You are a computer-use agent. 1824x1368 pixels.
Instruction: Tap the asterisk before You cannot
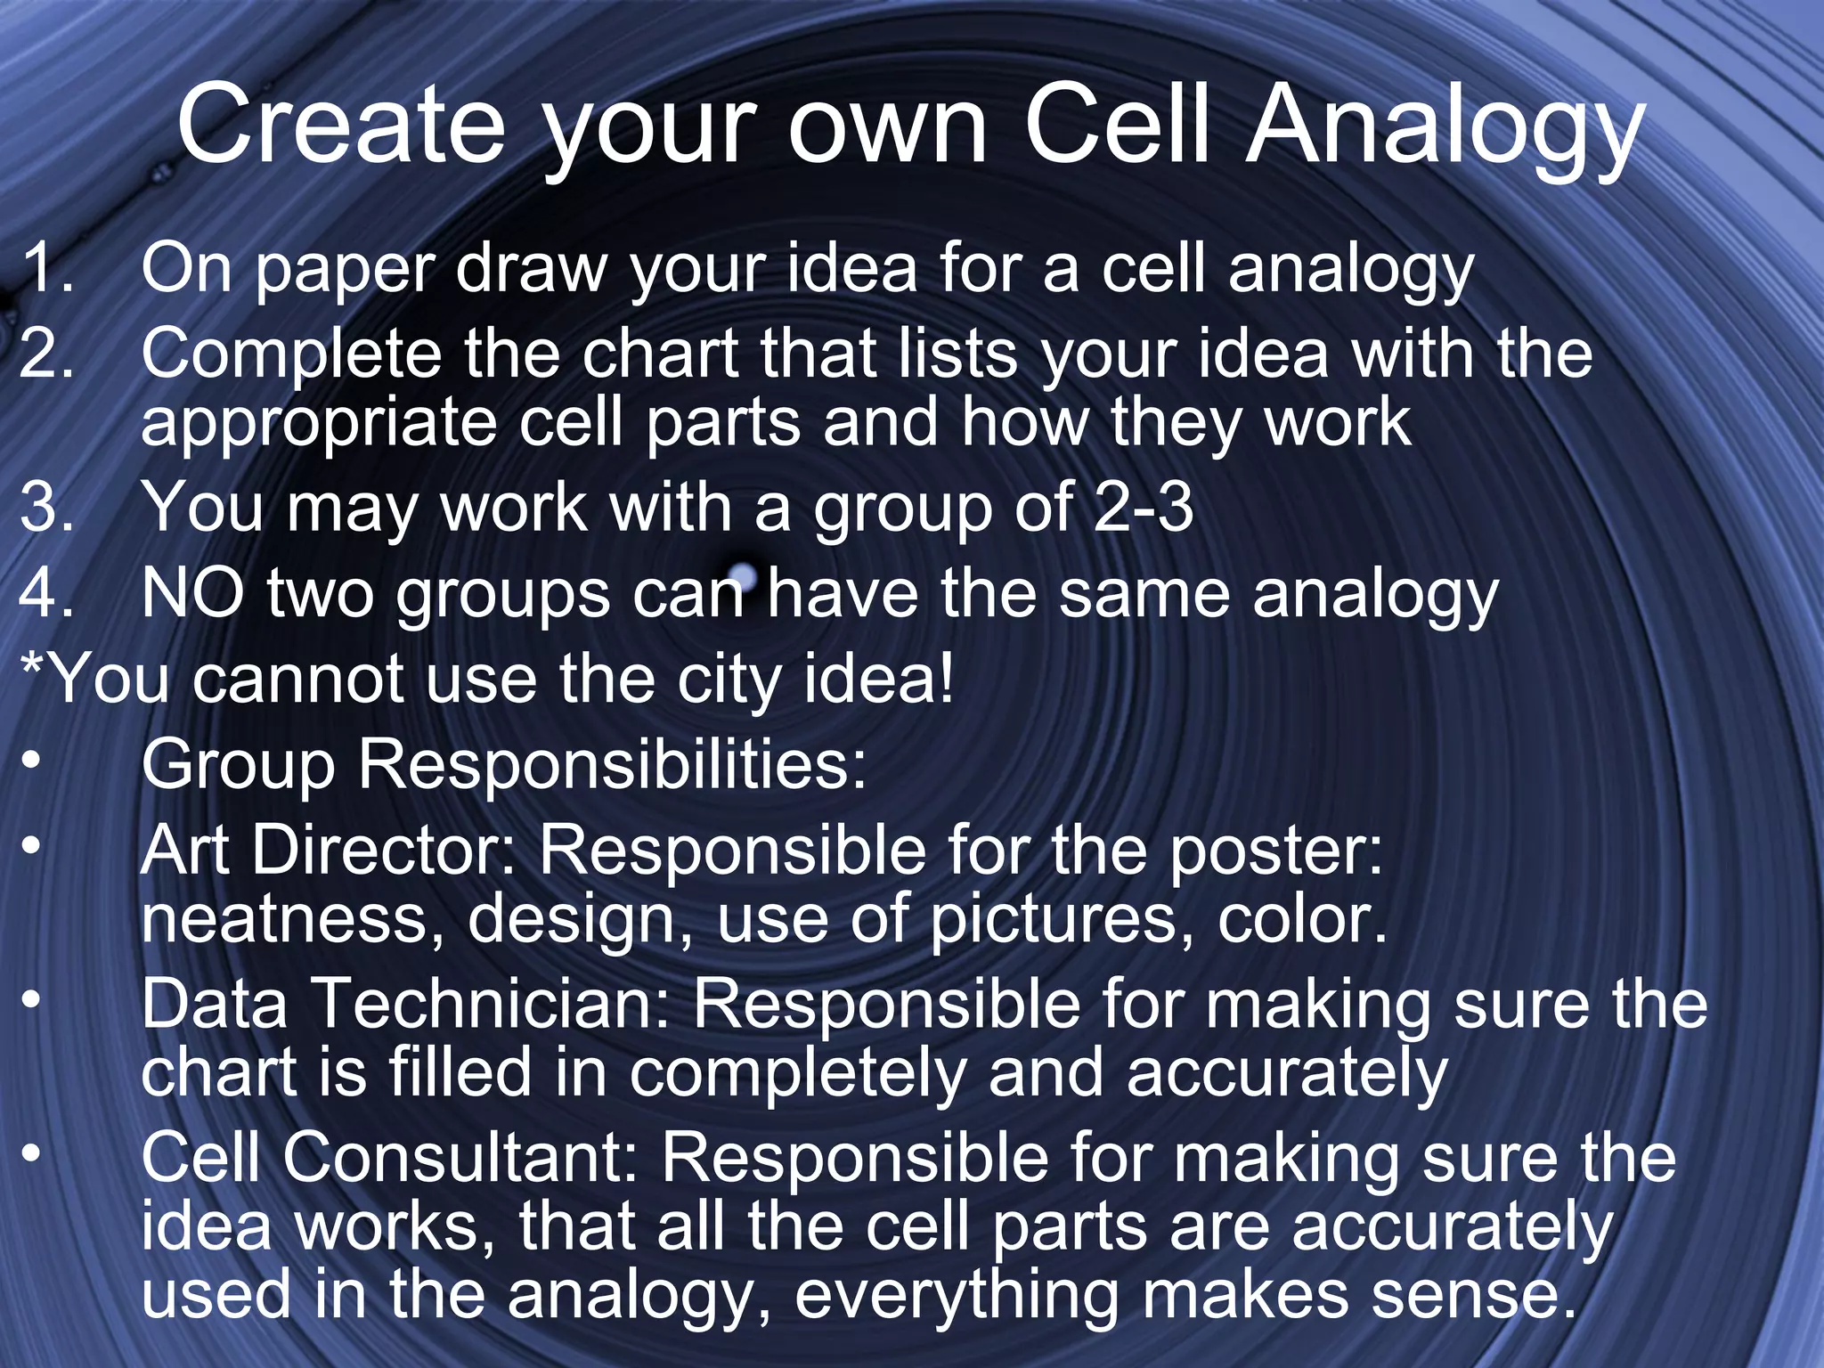click(32, 668)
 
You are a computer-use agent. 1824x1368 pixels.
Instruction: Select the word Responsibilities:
click(612, 764)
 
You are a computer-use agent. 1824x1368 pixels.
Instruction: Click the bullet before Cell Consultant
click(32, 1152)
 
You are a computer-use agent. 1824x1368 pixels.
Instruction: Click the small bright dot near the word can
click(742, 576)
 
